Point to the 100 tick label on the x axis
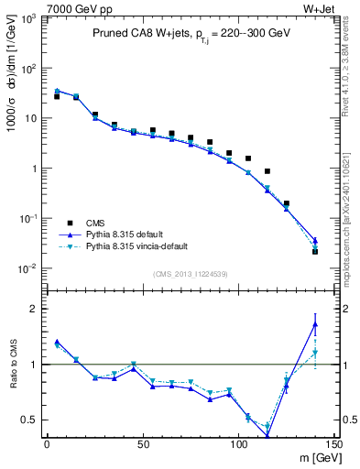[x=238, y=443]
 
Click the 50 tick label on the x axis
[x=143, y=443]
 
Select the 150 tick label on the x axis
[x=333, y=443]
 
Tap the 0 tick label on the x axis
[x=47, y=443]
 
